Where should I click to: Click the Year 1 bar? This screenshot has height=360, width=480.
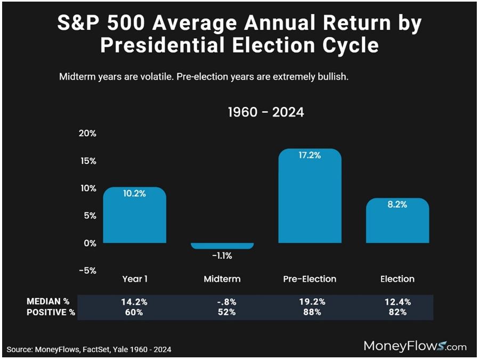(134, 216)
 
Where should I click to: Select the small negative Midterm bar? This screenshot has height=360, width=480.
(222, 246)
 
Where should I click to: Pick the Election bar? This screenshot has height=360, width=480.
(397, 221)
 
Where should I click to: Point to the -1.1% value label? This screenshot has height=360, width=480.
(222, 256)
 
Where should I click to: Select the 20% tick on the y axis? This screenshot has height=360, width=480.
(87, 133)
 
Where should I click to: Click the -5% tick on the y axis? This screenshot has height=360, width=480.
(87, 270)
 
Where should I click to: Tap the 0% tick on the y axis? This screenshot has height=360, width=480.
(90, 243)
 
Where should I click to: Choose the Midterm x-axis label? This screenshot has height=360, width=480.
(222, 279)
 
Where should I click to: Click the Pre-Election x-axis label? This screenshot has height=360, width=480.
(310, 279)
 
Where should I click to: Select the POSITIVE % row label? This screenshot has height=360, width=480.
(51, 312)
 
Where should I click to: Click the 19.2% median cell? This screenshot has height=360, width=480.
(310, 302)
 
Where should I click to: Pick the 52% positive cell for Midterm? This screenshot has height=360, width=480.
(222, 312)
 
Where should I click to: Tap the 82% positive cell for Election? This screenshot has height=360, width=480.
(397, 312)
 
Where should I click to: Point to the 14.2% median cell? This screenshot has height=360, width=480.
(134, 302)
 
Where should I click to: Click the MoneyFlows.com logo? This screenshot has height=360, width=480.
(415, 346)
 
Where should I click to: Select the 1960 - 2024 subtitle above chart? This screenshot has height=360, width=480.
(266, 112)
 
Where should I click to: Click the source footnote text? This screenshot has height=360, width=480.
(89, 349)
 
